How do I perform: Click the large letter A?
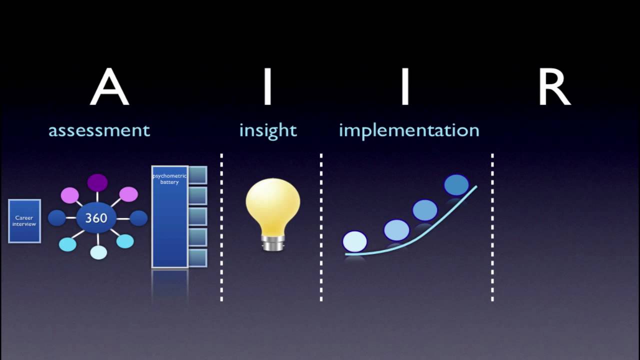109,87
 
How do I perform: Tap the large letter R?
554,87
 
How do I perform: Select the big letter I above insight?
267,87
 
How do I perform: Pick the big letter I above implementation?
404,87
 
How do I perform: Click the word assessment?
99,130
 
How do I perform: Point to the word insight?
268,130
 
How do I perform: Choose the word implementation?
409,130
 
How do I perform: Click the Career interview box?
24,221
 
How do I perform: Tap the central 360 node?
96,218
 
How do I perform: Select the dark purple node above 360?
97,182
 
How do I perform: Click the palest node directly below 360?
98,252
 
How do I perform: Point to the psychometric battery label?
169,179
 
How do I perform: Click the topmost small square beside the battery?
197,175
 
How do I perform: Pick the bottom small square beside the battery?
197,258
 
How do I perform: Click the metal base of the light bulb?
272,243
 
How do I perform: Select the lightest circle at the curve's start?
354,241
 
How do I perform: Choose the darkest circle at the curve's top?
456,184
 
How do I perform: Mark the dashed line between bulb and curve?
321,227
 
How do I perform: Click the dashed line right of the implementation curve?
492,227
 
